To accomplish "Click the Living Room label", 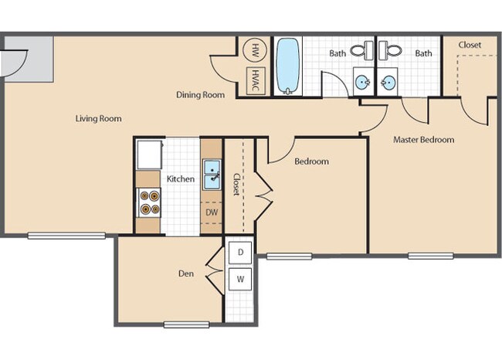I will tap(98, 118).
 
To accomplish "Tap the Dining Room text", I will tap(200, 95).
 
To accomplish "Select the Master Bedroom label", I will tap(423, 140).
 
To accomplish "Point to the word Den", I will tap(186, 272).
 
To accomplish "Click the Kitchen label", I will tap(181, 179).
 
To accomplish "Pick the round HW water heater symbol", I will tap(255, 51).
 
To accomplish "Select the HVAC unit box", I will tap(255, 80).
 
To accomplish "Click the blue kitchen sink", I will tap(211, 174).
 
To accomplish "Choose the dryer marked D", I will tap(240, 253).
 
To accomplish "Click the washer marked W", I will tap(240, 279).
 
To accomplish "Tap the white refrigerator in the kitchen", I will tap(149, 154).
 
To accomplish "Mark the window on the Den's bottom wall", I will tap(186, 324).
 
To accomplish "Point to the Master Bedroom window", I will tap(430, 256).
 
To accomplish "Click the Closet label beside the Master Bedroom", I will tap(470, 45).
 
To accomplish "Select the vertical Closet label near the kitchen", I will tap(236, 183).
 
